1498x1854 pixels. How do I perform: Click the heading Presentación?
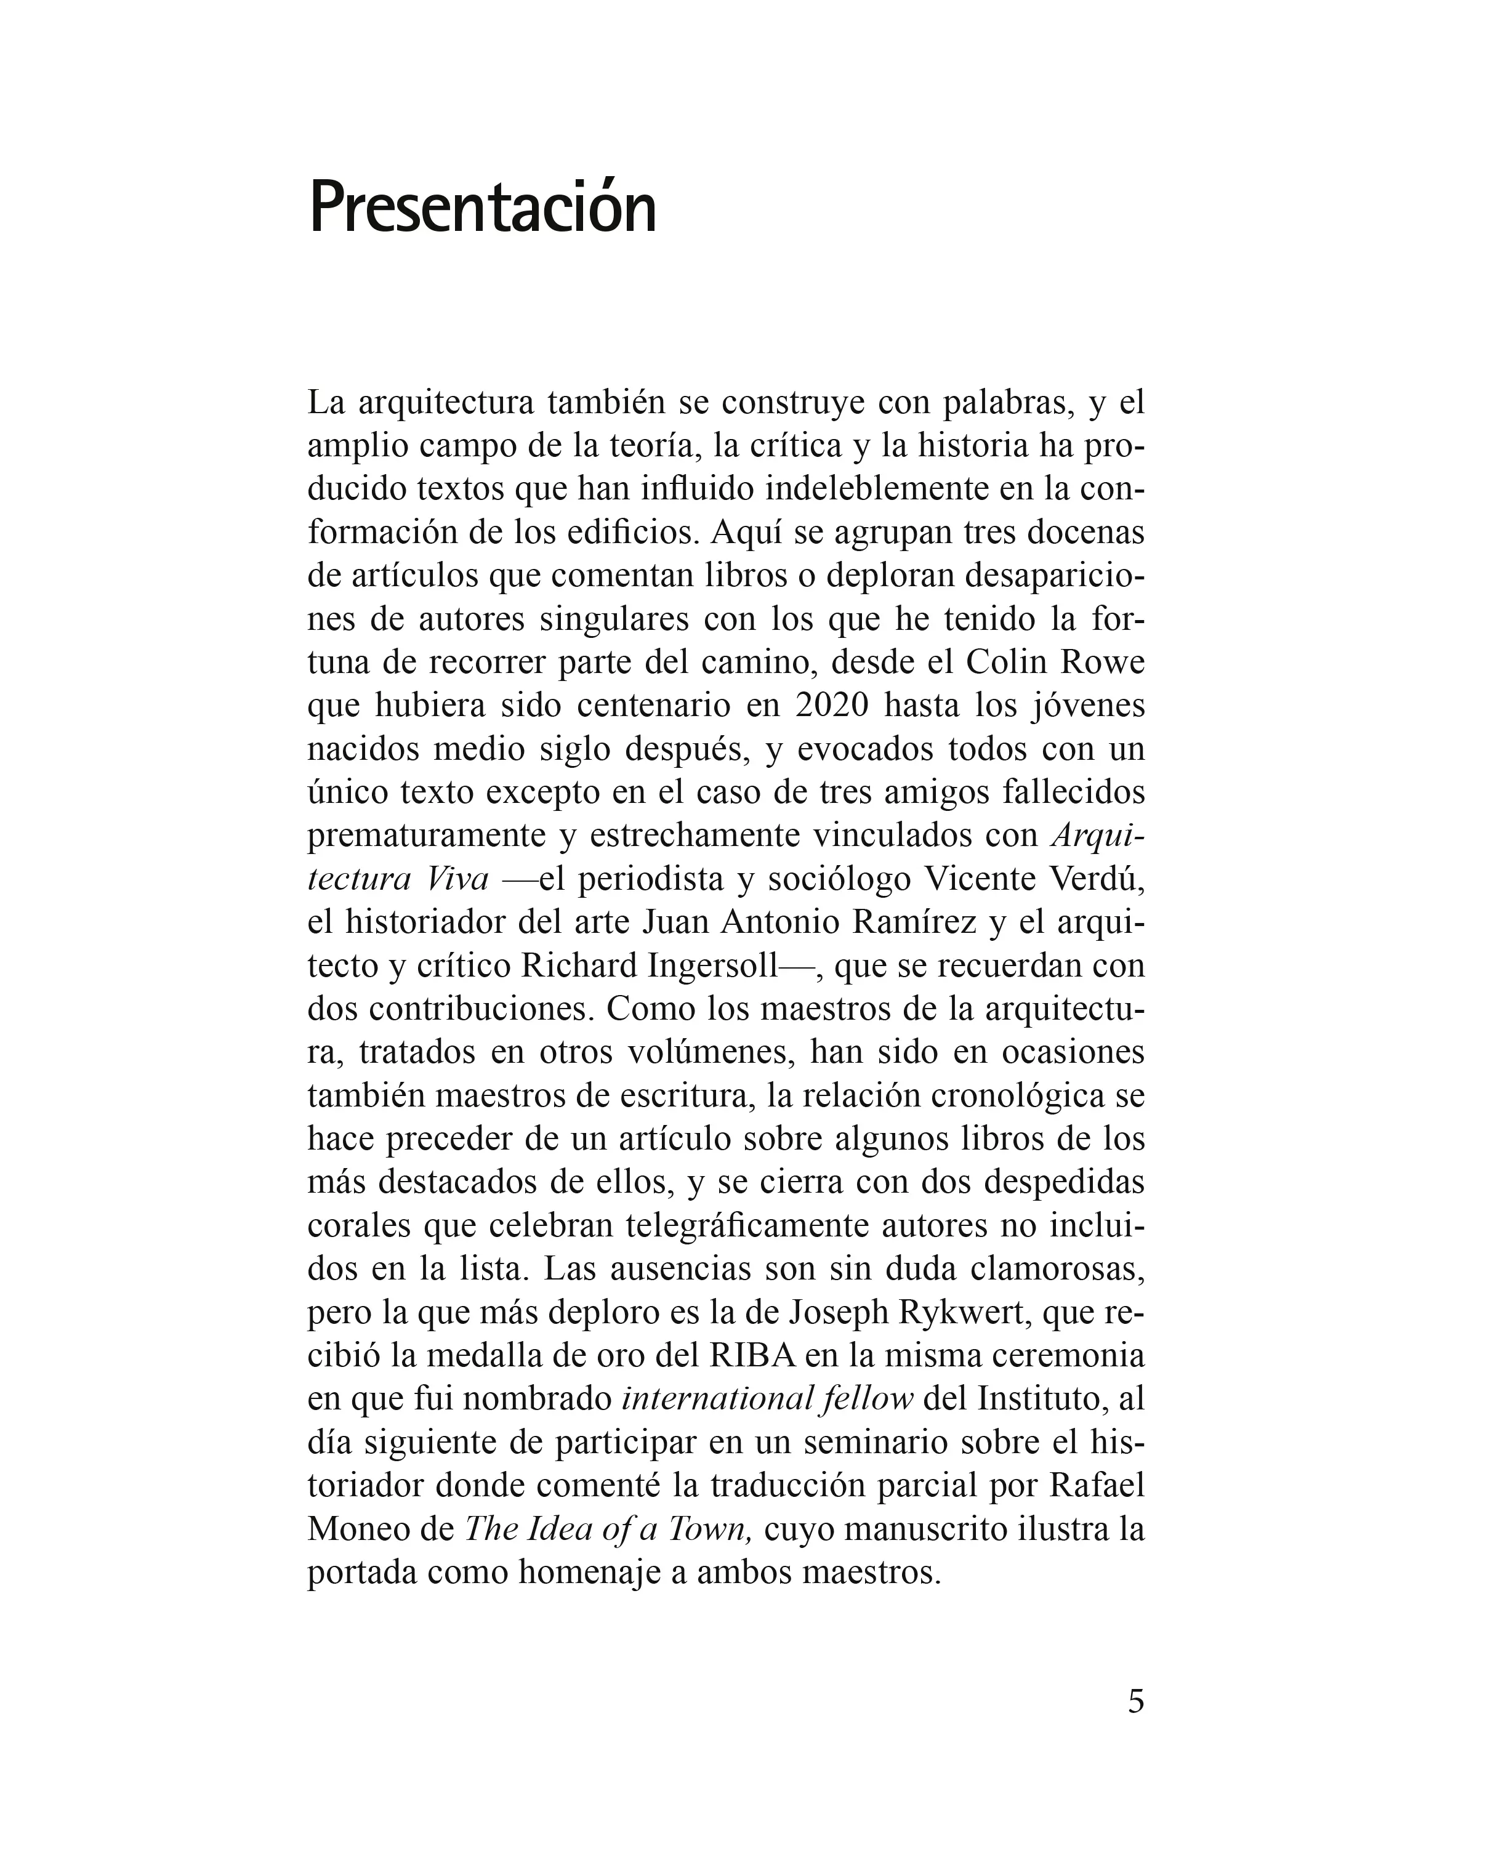coord(482,209)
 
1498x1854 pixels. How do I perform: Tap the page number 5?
coord(1135,1701)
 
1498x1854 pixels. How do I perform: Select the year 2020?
coord(831,705)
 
